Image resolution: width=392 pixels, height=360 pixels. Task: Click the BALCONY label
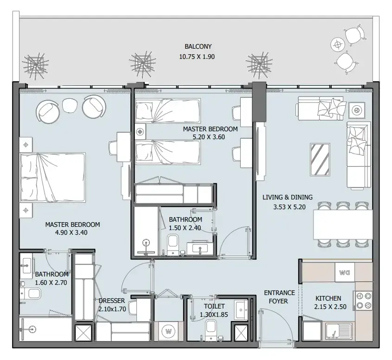point(198,46)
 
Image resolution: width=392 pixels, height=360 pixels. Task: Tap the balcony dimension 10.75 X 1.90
point(197,57)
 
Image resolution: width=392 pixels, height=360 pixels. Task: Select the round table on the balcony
point(338,45)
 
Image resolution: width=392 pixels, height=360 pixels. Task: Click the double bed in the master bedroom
point(53,177)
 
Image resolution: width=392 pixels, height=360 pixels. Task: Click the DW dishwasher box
point(345,272)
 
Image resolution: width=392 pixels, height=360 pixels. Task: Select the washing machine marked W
point(168,331)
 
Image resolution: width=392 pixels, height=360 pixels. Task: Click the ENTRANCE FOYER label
point(279,297)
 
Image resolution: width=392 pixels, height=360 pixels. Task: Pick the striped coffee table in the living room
point(320,160)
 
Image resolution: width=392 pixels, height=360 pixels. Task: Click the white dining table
point(343,224)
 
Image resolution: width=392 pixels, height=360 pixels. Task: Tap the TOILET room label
point(214,306)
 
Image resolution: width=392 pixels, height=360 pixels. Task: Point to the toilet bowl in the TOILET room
point(211,329)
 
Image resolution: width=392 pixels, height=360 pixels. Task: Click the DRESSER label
point(111,301)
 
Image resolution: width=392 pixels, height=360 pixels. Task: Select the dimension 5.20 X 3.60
point(208,137)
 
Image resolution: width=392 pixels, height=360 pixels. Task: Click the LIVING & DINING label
point(288,197)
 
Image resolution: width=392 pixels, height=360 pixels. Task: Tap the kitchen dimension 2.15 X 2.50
point(330,307)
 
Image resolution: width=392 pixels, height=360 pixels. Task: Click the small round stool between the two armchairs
point(70,105)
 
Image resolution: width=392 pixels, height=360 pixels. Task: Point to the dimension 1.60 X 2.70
point(51,283)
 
